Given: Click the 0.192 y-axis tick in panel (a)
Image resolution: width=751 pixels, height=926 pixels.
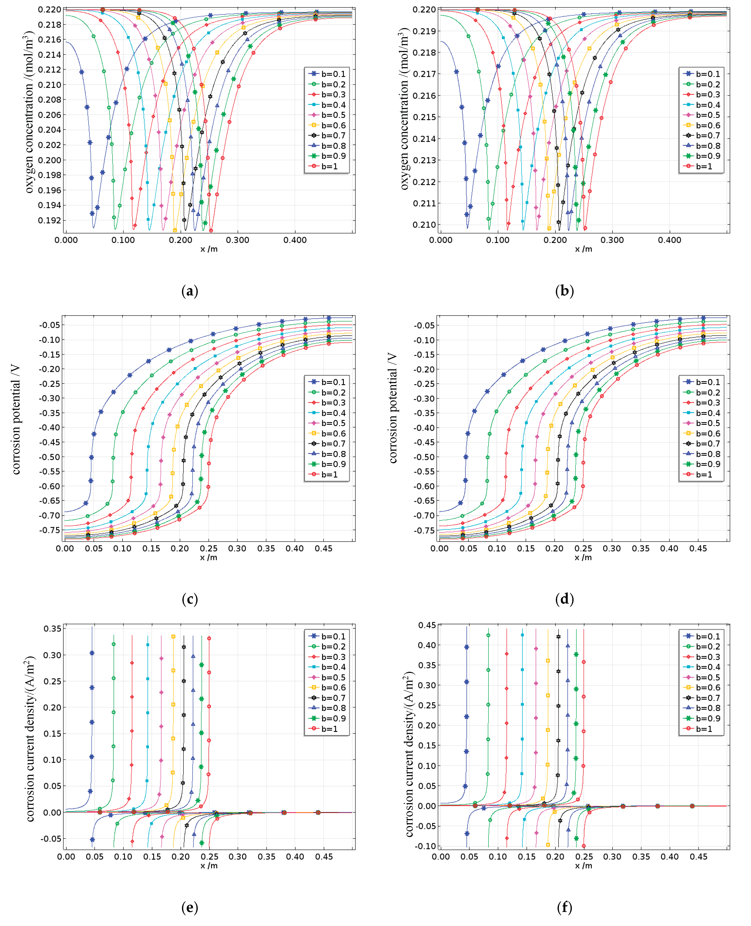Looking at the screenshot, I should coord(49,220).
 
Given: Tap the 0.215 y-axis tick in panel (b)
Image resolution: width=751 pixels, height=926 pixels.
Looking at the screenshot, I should coord(424,117).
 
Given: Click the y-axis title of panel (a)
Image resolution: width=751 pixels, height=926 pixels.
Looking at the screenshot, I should coord(29,111).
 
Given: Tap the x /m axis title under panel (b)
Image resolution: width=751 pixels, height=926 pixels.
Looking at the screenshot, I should coord(583,249).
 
